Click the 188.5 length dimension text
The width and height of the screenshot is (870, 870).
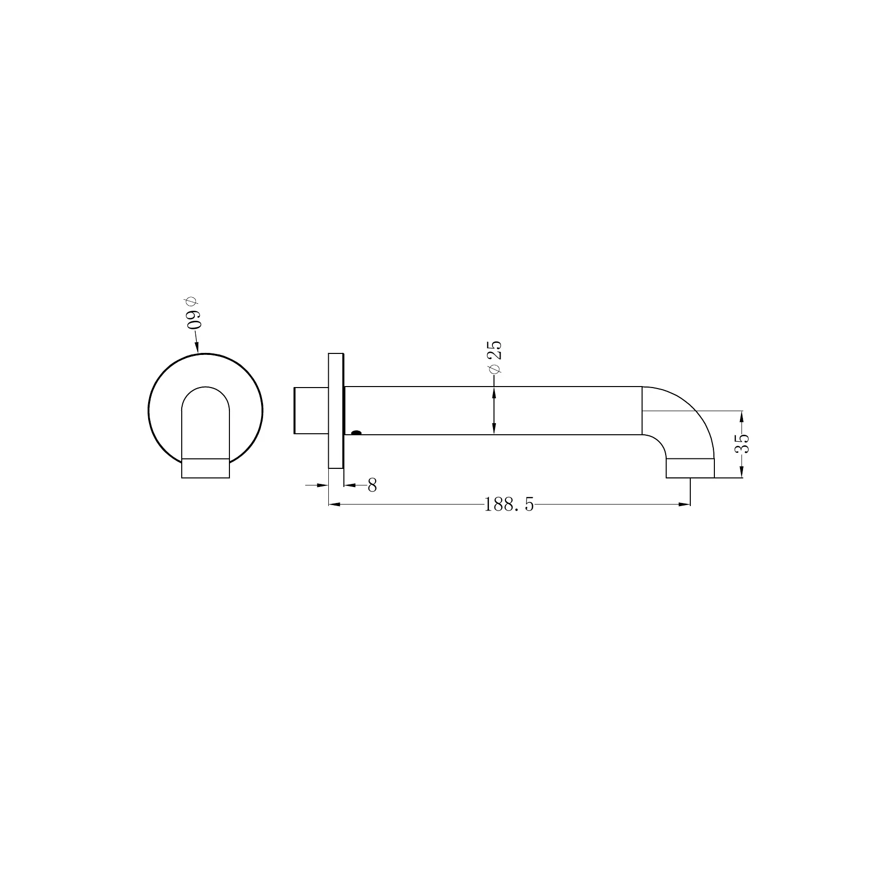[509, 505]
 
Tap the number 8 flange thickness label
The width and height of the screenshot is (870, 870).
[372, 485]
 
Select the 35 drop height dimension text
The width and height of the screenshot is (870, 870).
[742, 444]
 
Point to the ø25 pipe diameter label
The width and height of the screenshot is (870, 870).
[494, 357]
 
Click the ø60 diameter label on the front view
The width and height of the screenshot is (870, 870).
[193, 313]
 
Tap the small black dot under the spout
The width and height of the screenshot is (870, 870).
[356, 432]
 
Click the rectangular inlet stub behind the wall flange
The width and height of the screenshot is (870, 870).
[311, 410]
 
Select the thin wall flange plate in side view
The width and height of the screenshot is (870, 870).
[336, 411]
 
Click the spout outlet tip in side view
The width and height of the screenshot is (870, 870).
[690, 468]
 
